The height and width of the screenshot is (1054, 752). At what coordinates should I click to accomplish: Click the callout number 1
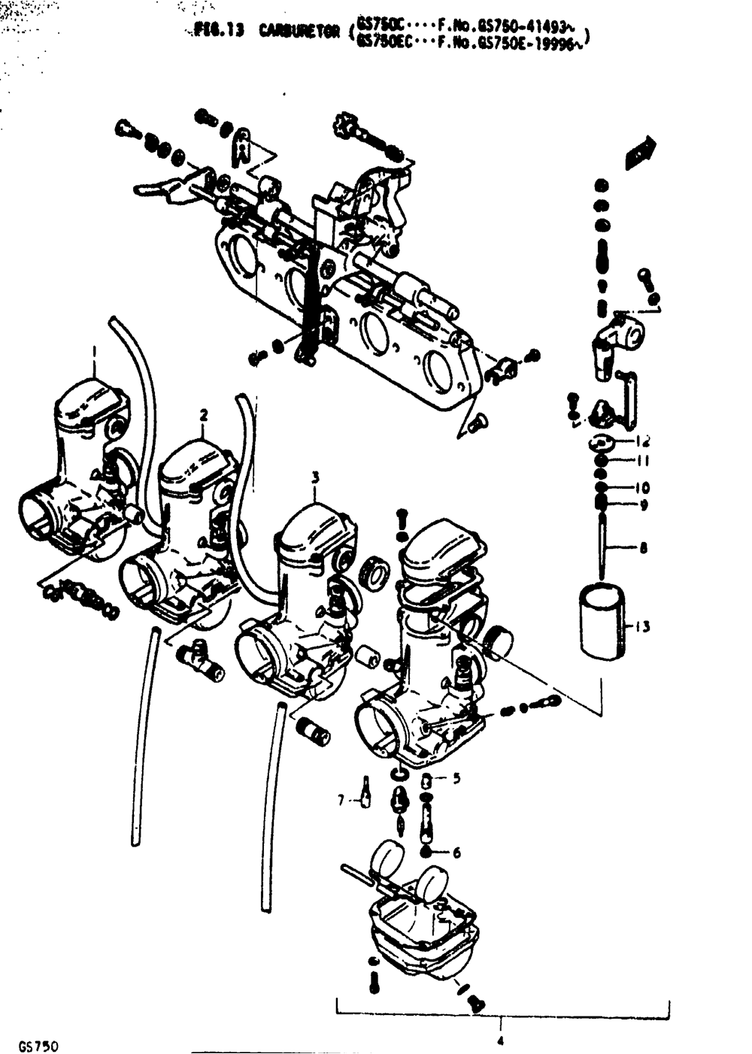tap(94, 350)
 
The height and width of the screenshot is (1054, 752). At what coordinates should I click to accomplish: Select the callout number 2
tap(203, 414)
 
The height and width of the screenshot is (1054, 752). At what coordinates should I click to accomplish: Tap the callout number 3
tap(315, 477)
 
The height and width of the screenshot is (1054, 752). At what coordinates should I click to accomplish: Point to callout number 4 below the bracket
tap(499, 1041)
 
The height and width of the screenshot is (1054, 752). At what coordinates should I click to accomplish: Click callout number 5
tap(456, 779)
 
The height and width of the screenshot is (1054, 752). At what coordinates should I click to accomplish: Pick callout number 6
tap(456, 853)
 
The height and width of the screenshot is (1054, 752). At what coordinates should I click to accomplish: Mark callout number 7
tap(340, 801)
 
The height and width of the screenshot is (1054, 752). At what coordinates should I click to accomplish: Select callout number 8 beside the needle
tap(643, 548)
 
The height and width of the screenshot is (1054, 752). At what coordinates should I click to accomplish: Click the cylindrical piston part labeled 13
tap(602, 622)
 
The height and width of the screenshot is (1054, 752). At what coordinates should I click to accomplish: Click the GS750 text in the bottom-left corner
tap(39, 1046)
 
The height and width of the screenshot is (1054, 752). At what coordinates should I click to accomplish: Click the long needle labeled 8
tap(602, 545)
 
